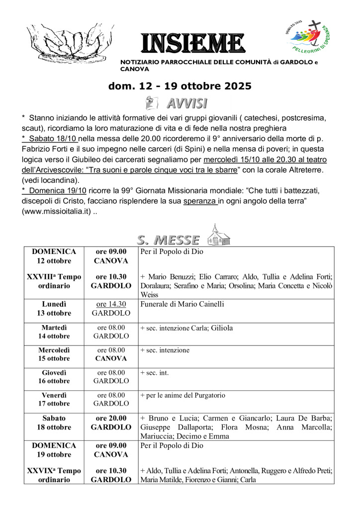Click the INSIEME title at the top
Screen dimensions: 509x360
click(x=192, y=44)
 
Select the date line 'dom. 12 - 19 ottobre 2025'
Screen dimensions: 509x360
click(x=180, y=86)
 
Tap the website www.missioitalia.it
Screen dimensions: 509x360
click(x=56, y=211)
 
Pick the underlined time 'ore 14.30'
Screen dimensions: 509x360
click(x=111, y=304)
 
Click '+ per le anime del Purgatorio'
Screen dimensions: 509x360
click(x=183, y=395)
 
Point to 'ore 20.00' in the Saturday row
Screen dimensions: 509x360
click(x=111, y=418)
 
